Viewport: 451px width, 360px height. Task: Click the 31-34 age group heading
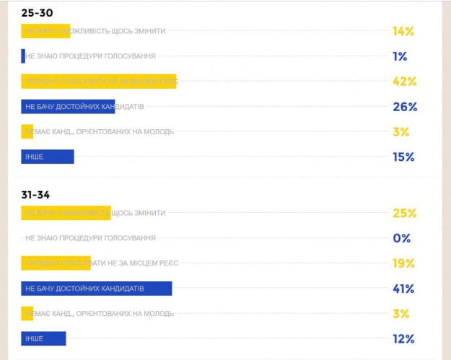[x=36, y=195]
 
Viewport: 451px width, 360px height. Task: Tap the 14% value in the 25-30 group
[x=403, y=31]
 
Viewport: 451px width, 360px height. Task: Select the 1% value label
[x=400, y=56]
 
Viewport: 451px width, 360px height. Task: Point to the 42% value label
[x=403, y=82]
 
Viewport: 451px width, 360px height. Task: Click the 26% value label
[x=404, y=107]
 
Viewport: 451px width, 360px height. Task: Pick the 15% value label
[x=403, y=157]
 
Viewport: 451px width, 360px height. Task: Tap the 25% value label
[x=403, y=213]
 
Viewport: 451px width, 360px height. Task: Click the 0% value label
[x=402, y=238]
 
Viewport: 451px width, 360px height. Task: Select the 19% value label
[x=403, y=263]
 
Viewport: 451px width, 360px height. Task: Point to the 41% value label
[x=403, y=289]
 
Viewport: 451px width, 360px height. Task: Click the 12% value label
[x=403, y=338]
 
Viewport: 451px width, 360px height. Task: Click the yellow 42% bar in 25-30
[x=99, y=82]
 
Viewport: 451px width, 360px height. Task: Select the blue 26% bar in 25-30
[x=68, y=107]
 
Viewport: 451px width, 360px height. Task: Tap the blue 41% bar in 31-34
[x=96, y=289]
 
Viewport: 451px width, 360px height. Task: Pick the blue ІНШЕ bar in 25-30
[x=48, y=157]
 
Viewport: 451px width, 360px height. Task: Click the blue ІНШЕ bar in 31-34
[x=43, y=338]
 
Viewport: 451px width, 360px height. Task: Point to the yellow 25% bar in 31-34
[x=66, y=213]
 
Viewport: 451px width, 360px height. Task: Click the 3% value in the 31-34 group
[x=401, y=313]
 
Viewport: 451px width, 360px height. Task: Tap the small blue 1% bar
[x=23, y=56]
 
